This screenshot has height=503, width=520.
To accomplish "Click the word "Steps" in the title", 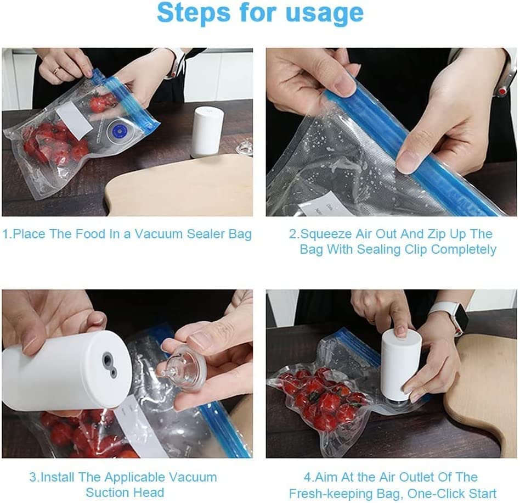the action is pos(194,13).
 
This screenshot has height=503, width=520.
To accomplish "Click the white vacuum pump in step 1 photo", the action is pos(208,131).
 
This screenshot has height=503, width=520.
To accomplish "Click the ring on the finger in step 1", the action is pos(56,70).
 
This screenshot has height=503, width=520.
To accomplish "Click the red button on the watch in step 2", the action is pos(503,90).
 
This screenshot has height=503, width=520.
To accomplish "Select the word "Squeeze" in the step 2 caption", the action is pos(326,234).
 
